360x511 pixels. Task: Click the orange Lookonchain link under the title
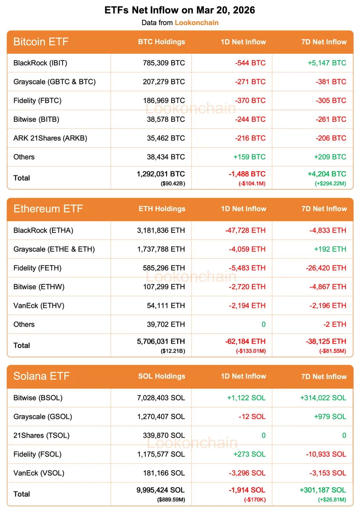[196, 23]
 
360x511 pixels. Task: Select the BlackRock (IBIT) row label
[40, 63]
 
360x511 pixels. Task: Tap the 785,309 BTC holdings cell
[164, 63]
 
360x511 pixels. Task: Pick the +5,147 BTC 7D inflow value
[327, 63]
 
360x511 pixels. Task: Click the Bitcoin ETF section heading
[41, 42]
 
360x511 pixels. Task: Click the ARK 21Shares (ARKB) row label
[50, 138]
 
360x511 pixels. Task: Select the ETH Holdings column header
[162, 209]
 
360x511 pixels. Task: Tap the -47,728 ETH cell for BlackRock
[245, 230]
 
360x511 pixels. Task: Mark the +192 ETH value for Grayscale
[331, 249]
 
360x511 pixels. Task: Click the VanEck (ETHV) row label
[39, 305]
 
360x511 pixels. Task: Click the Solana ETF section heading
[41, 376]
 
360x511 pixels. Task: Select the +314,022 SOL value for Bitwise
[323, 398]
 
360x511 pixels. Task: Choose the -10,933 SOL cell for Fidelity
[326, 454]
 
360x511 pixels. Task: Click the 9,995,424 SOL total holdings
[161, 490]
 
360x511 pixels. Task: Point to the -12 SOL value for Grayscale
[252, 416]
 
